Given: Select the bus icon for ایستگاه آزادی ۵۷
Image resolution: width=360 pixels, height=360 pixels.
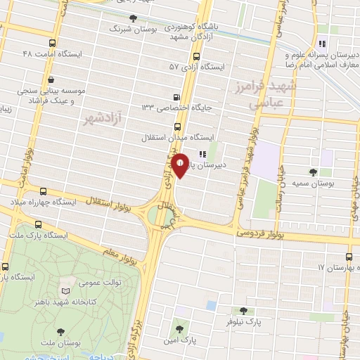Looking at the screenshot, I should (195, 56).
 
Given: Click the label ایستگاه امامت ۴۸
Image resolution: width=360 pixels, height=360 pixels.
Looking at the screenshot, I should (53, 53).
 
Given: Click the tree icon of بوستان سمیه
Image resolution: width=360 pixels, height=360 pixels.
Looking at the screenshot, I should (313, 172).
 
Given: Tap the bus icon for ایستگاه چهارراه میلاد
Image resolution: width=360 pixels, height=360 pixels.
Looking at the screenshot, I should (44, 191).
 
